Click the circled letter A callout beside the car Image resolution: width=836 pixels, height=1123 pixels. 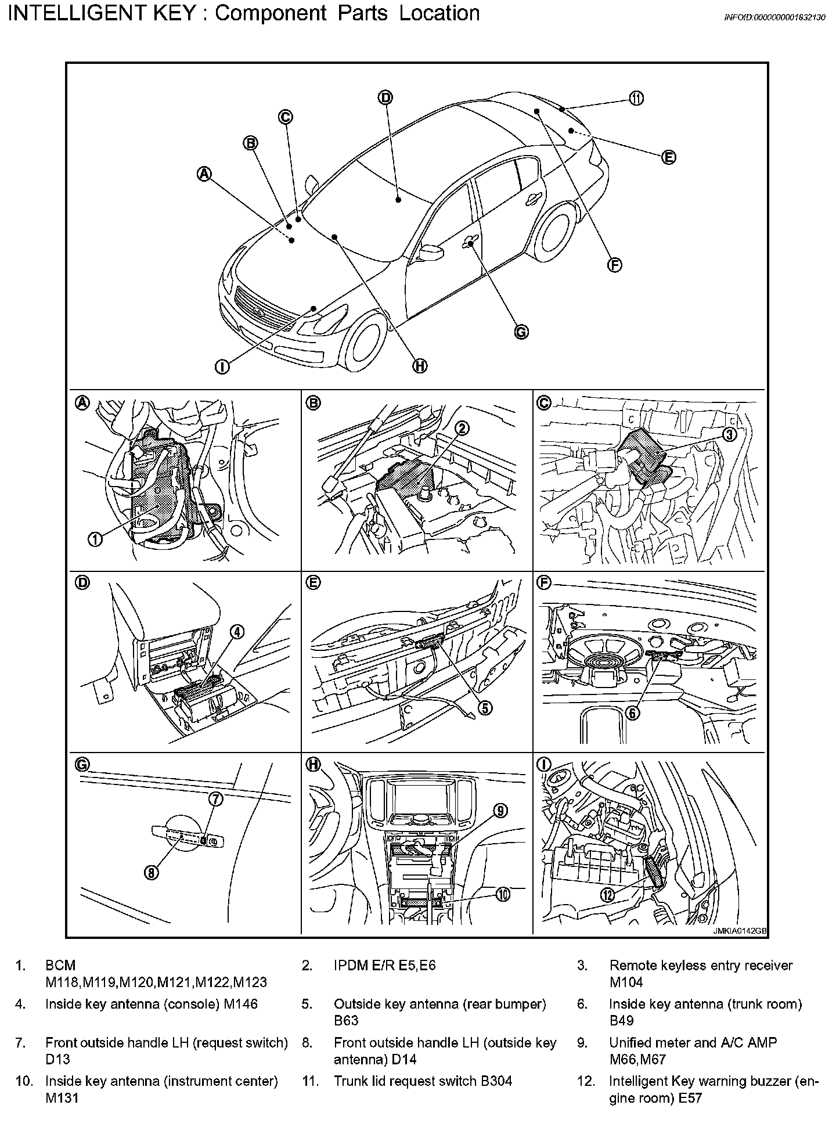[204, 173]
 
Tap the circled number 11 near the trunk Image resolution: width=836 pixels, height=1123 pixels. [637, 98]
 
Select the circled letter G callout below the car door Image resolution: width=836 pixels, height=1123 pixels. [521, 332]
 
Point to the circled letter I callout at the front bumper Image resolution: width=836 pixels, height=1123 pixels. [222, 366]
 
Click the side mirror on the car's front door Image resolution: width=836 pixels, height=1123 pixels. [431, 251]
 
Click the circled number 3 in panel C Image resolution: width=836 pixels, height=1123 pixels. [729, 434]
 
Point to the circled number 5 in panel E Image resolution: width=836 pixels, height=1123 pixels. [484, 707]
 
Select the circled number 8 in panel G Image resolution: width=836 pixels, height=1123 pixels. [152, 873]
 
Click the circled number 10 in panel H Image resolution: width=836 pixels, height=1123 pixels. [503, 895]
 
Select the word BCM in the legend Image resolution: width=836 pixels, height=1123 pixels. [60, 965]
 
